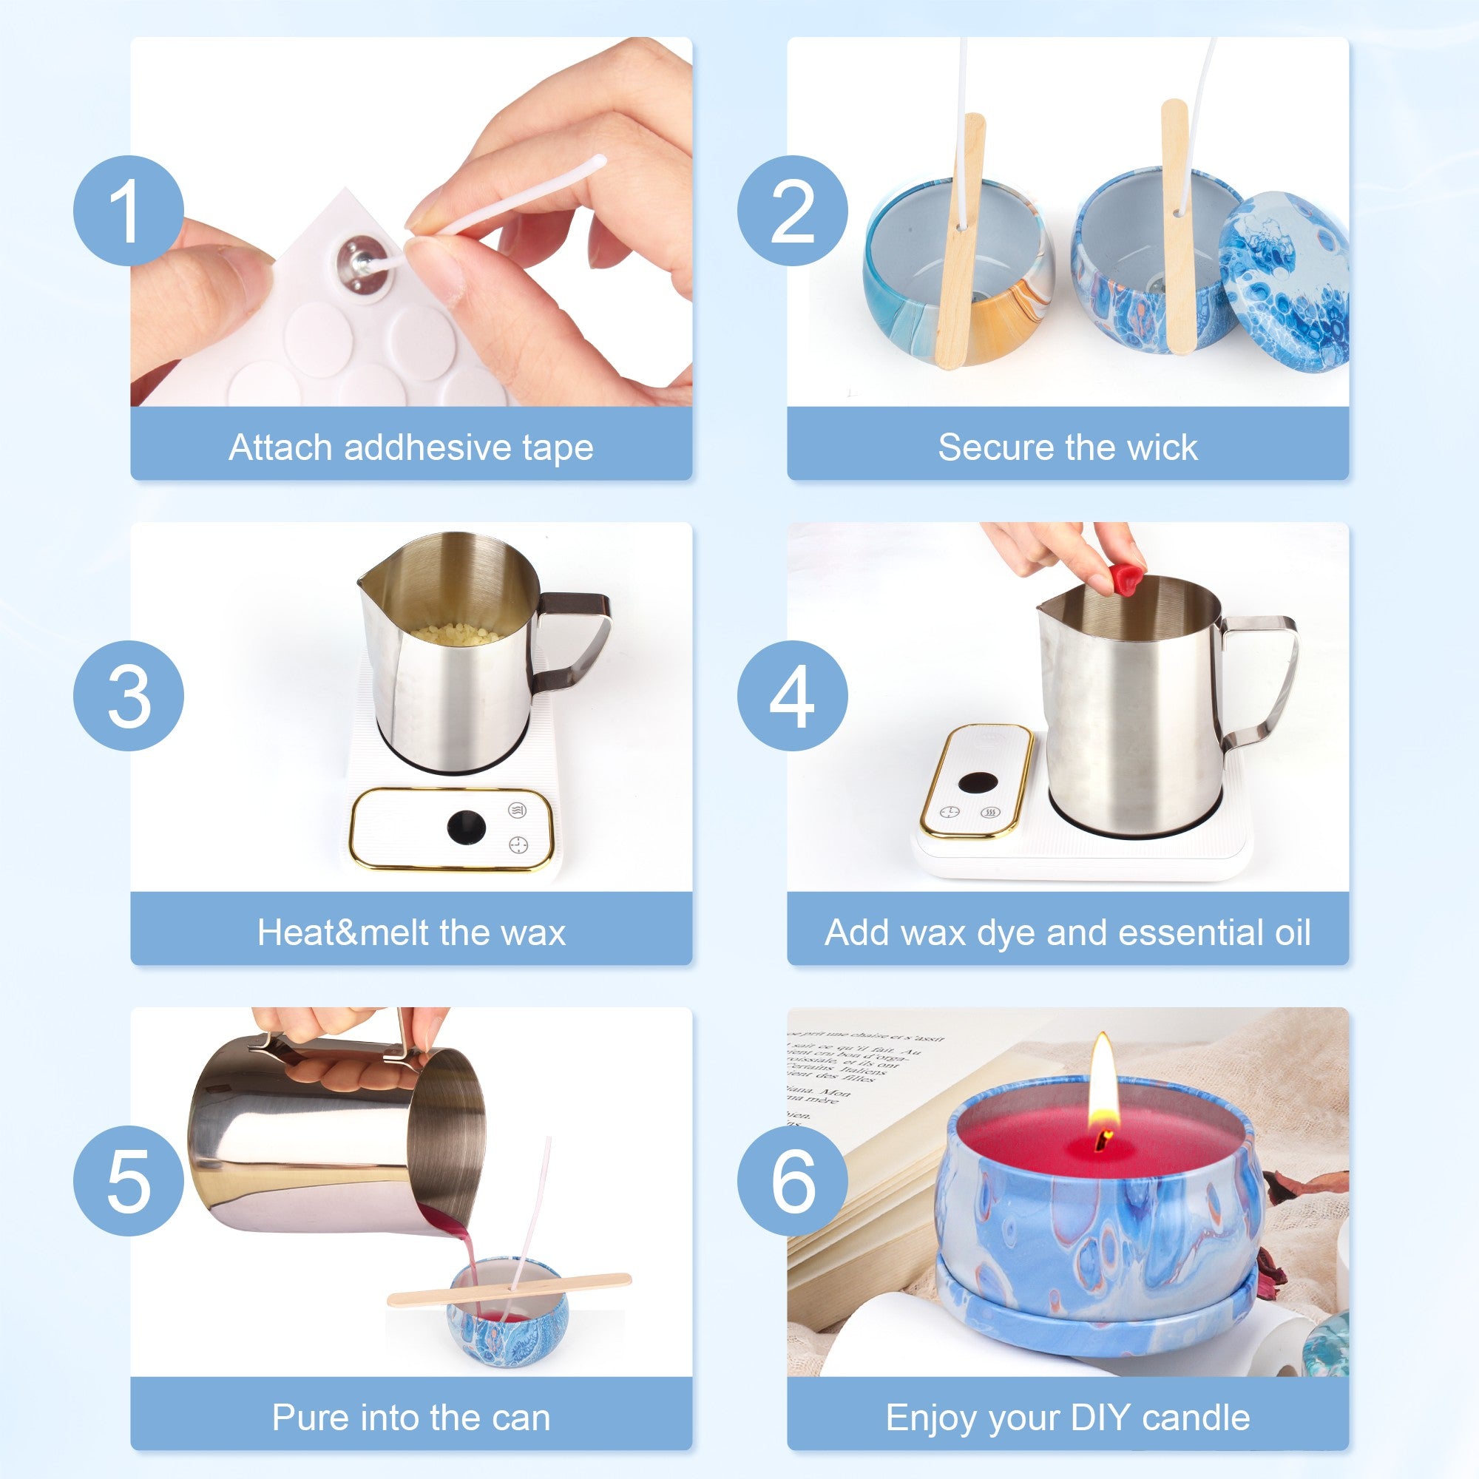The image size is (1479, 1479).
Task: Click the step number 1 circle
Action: (129, 211)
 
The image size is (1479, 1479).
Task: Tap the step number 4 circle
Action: (792, 696)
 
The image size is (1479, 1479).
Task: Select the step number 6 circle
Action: (792, 1181)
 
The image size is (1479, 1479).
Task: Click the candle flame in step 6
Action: (1103, 1087)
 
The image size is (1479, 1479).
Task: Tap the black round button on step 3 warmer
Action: (466, 828)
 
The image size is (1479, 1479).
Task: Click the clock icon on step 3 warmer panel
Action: (518, 845)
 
